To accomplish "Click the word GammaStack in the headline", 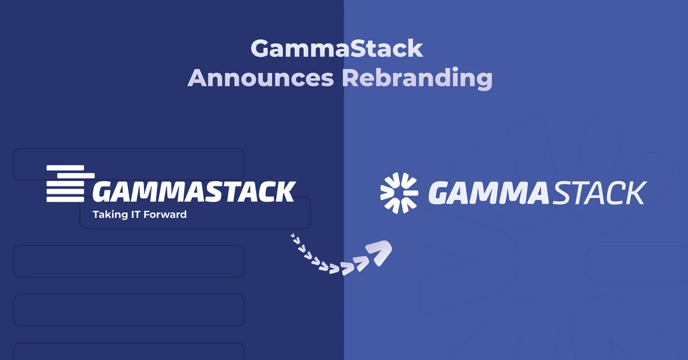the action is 337,49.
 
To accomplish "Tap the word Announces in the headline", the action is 261,78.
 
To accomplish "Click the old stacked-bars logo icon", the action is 70,184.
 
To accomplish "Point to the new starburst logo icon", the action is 399,193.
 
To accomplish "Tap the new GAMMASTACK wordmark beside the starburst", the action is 538,193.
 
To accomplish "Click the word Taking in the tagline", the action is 110,215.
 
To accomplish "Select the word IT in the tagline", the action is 135,214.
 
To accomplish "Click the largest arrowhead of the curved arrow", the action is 379,253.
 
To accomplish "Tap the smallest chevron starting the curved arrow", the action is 292,236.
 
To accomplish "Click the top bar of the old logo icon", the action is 65,168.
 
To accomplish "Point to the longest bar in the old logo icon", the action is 76,176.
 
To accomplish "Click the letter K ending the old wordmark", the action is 284,191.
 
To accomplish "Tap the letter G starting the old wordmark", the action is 103,192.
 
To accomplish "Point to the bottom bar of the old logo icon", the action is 65,200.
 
